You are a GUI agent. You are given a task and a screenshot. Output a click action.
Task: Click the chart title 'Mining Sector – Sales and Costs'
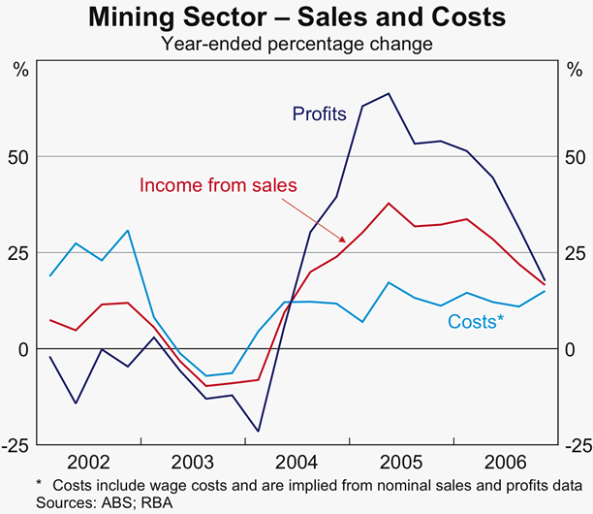click(296, 18)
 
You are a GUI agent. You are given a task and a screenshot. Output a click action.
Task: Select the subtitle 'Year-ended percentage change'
click(296, 43)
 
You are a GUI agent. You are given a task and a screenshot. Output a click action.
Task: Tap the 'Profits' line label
click(320, 114)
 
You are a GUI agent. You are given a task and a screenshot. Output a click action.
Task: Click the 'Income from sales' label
click(218, 185)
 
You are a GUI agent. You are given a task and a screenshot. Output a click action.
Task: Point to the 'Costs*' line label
click(476, 322)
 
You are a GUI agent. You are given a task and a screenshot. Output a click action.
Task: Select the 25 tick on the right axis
click(575, 253)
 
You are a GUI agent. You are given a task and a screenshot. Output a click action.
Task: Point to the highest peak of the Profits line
click(389, 94)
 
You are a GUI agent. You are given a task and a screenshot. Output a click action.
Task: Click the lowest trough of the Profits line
click(259, 431)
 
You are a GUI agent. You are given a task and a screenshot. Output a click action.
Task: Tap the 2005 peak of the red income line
click(389, 204)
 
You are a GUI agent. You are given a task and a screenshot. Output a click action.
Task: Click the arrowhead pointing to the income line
click(345, 240)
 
